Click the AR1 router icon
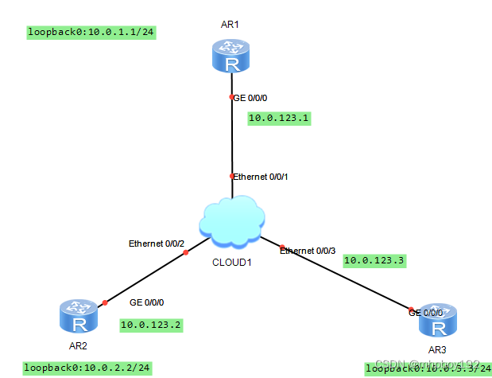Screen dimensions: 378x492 231,55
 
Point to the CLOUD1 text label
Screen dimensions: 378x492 231,262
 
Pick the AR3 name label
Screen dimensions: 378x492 438,350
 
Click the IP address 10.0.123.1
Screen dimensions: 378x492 278,119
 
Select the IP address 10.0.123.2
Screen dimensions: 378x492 151,325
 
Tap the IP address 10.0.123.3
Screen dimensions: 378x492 374,260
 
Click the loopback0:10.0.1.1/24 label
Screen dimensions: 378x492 90,33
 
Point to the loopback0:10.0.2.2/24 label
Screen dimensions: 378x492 86,368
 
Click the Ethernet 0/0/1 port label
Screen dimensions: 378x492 261,177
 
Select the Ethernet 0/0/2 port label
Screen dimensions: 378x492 157,244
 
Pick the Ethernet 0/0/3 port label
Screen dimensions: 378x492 308,250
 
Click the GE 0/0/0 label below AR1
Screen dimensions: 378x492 251,98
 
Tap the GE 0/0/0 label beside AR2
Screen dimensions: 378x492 146,303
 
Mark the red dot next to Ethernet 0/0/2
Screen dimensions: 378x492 185,252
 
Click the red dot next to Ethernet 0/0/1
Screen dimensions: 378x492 231,176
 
